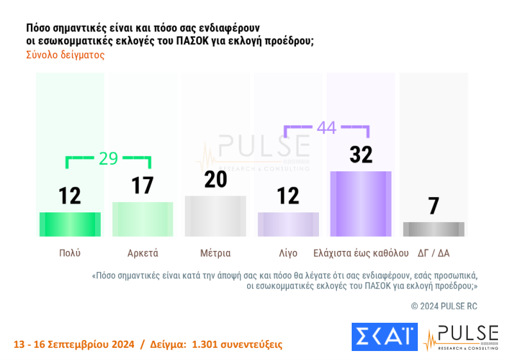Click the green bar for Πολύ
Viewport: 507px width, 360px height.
pyautogui.click(x=69, y=224)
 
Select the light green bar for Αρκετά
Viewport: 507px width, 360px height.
pyautogui.click(x=142, y=219)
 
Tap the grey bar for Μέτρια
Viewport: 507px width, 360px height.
pyautogui.click(x=215, y=216)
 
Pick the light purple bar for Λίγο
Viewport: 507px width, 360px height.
pyautogui.click(x=288, y=224)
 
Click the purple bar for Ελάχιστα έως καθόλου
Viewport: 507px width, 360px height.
pyautogui.click(x=361, y=204)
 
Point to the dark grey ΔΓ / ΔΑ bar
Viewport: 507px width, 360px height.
pyautogui.click(x=434, y=229)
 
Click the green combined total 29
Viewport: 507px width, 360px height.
pyautogui.click(x=108, y=159)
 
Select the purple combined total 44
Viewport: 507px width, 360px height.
pyautogui.click(x=326, y=127)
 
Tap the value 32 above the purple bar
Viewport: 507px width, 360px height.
pyautogui.click(x=361, y=155)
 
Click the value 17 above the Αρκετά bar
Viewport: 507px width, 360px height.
pyautogui.click(x=142, y=185)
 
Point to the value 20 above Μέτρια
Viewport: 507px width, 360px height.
pyautogui.click(x=216, y=180)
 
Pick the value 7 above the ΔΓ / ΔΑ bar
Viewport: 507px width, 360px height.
pyautogui.click(x=434, y=206)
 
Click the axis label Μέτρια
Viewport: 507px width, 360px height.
pyautogui.click(x=215, y=253)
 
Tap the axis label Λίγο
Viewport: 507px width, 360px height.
pyautogui.click(x=288, y=253)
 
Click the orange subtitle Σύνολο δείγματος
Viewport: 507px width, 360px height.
pyautogui.click(x=65, y=55)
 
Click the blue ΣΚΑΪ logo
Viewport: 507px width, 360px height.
pyautogui.click(x=384, y=338)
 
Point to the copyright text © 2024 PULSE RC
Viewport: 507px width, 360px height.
pyautogui.click(x=444, y=306)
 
